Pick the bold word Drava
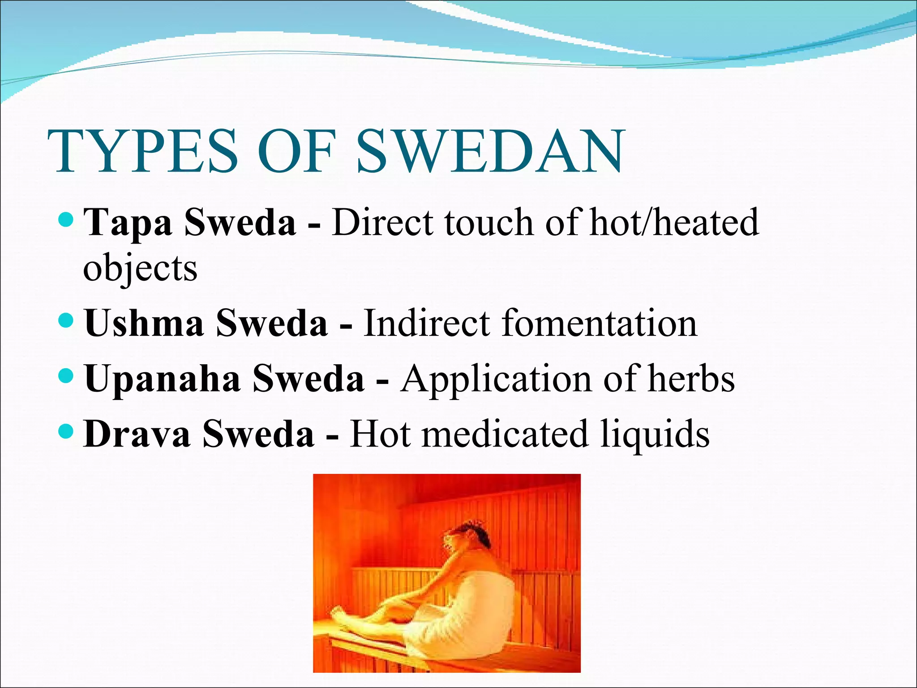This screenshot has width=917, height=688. [137, 434]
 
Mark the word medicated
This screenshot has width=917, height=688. [505, 434]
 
